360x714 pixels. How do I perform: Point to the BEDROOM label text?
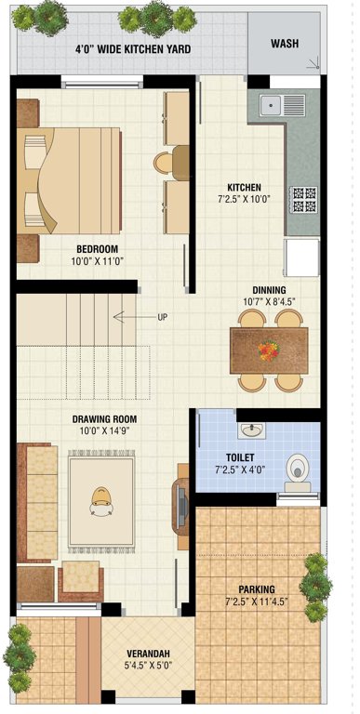(x=97, y=249)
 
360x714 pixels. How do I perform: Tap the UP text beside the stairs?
(x=163, y=318)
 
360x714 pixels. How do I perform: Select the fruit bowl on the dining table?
(x=268, y=350)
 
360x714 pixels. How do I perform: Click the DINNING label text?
(x=268, y=289)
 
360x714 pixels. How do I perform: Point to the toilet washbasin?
(x=252, y=430)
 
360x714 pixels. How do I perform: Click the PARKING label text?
(x=256, y=589)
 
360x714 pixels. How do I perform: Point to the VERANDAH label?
(x=147, y=654)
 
